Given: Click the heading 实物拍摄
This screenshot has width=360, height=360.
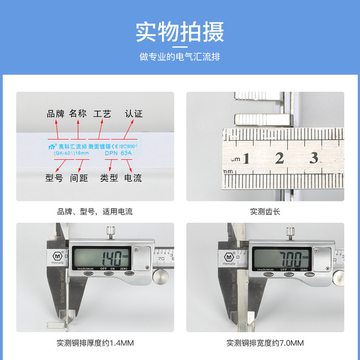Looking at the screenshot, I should [179, 32].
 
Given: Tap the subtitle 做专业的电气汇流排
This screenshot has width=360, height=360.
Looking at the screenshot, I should [179, 57].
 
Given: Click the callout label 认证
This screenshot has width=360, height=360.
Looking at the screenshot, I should [133, 114].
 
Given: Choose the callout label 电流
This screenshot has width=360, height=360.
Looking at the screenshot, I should [133, 178].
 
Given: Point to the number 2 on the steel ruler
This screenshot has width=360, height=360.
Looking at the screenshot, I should [279, 158].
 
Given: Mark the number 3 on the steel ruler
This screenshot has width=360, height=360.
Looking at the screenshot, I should [313, 158].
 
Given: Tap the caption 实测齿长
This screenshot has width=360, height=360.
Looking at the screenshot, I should [264, 212].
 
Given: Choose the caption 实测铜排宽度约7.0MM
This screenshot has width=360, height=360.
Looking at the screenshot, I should [264, 343].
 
